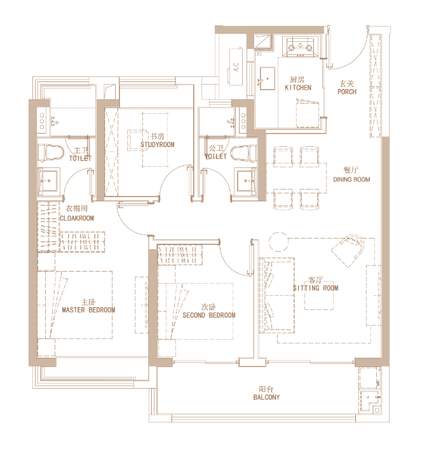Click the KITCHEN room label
tap(298, 88)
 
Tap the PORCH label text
tap(347, 92)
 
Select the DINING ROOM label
tap(351, 179)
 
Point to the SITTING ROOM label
tap(315, 288)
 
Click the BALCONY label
tap(266, 398)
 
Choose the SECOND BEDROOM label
tap(209, 316)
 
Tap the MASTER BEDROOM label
tap(88, 310)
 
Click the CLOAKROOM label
tap(77, 218)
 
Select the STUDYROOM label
tap(158, 145)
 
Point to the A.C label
tap(236, 67)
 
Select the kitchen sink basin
tap(267, 78)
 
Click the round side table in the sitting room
tap(278, 241)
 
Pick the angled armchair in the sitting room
tap(348, 251)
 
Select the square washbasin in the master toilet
tap(49, 181)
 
